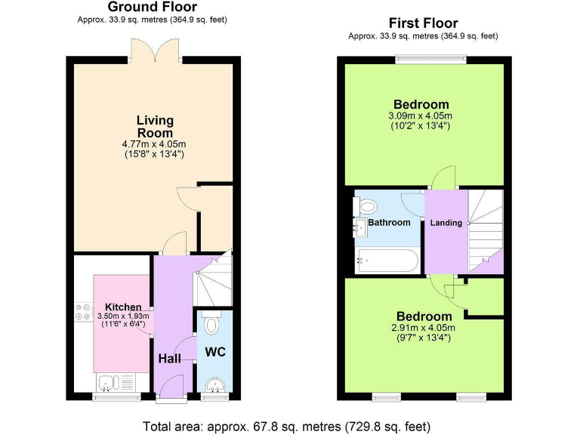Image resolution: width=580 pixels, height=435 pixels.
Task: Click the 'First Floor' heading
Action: coord(423,23)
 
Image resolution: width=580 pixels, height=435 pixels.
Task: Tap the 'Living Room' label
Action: coord(155,126)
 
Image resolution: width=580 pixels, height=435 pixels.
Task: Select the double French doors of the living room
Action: coord(155,50)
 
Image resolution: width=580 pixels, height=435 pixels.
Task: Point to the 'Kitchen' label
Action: coord(122,307)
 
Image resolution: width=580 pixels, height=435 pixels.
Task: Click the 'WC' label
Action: coord(215,352)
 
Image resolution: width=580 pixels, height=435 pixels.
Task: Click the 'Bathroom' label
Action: coord(389,223)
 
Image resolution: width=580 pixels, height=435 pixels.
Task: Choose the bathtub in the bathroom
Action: coord(387,261)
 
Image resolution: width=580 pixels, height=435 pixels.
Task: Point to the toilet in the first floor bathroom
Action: coord(367,205)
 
